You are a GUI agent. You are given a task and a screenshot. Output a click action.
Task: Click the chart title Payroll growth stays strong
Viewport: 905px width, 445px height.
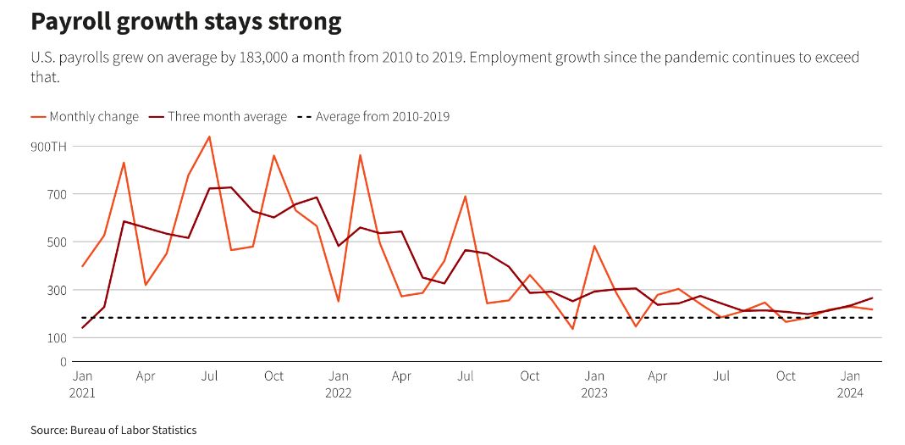coord(186,22)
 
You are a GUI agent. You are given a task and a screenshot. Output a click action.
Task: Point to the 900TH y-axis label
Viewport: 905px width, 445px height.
coord(48,147)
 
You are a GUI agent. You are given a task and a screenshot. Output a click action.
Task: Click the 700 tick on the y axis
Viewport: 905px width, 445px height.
coord(57,194)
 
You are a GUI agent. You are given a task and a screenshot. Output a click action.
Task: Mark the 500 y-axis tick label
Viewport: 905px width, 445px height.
coord(57,242)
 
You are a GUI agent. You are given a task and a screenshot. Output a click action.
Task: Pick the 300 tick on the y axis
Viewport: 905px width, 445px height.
coord(57,290)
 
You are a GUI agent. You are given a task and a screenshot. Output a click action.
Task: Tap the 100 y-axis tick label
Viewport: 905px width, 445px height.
coord(57,337)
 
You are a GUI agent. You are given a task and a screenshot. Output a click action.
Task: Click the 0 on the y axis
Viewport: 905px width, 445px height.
coord(62,362)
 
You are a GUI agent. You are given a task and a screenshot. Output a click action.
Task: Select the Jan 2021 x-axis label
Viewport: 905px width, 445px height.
coord(83,384)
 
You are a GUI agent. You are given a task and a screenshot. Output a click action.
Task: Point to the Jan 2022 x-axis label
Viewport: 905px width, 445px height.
coord(339,384)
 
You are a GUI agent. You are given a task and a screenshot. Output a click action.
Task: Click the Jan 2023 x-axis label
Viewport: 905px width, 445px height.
coord(594,384)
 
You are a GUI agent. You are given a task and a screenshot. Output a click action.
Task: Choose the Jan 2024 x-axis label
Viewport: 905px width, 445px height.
coord(850,384)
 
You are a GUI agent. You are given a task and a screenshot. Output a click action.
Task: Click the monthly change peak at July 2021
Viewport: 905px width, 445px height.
coord(209,136)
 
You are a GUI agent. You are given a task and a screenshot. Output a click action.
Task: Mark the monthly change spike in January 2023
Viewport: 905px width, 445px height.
coord(594,246)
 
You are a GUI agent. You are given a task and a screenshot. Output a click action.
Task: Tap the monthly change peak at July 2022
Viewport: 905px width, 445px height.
coord(466,197)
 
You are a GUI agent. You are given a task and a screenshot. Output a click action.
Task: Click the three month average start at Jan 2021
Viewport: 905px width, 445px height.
coord(83,328)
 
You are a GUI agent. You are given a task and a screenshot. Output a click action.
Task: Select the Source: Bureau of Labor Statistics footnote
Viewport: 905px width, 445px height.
coord(113,431)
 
